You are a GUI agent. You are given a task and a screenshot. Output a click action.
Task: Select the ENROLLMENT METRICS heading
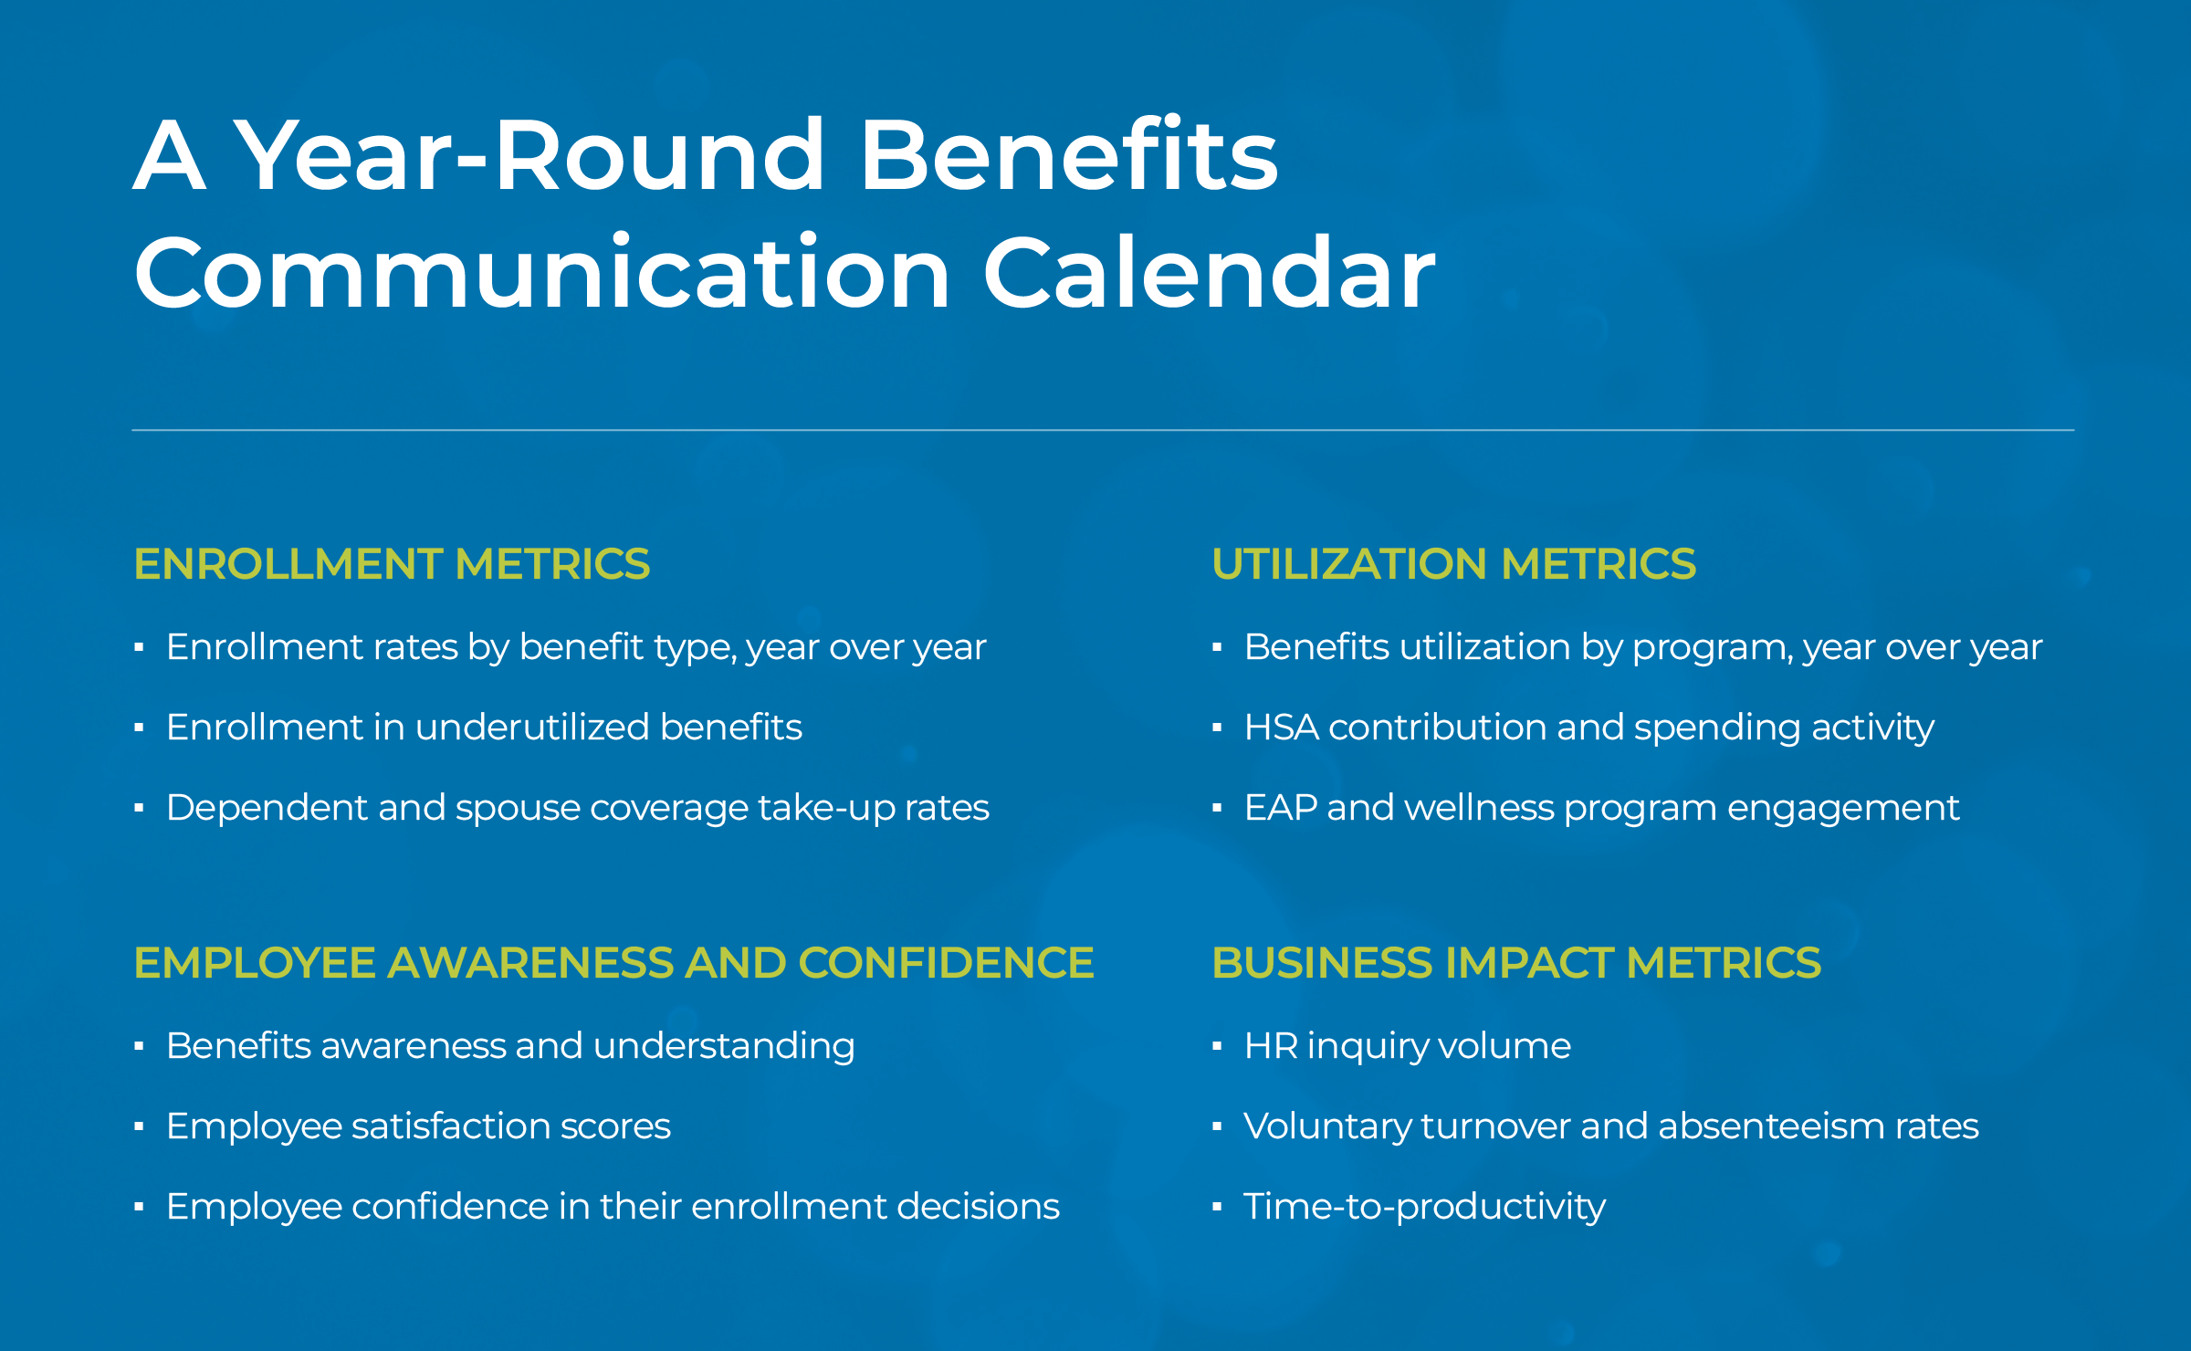point(392,564)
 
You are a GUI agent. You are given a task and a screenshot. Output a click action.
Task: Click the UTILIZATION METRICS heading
point(1453,564)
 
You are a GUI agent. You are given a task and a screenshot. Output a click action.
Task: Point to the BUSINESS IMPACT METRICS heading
point(1515,963)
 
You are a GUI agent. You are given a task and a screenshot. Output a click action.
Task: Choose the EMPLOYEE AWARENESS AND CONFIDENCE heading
point(613,963)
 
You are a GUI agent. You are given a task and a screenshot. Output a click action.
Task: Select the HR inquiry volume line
point(1407,1046)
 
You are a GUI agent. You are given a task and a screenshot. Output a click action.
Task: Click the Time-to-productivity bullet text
point(1424,1207)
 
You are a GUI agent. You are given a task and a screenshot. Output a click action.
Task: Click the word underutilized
point(532,728)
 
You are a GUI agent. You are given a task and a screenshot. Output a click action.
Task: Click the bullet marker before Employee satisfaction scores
point(139,1127)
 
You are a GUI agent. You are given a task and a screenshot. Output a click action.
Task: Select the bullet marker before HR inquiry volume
point(1217,1047)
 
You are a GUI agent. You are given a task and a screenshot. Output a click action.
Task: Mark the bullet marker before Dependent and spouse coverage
point(139,809)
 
